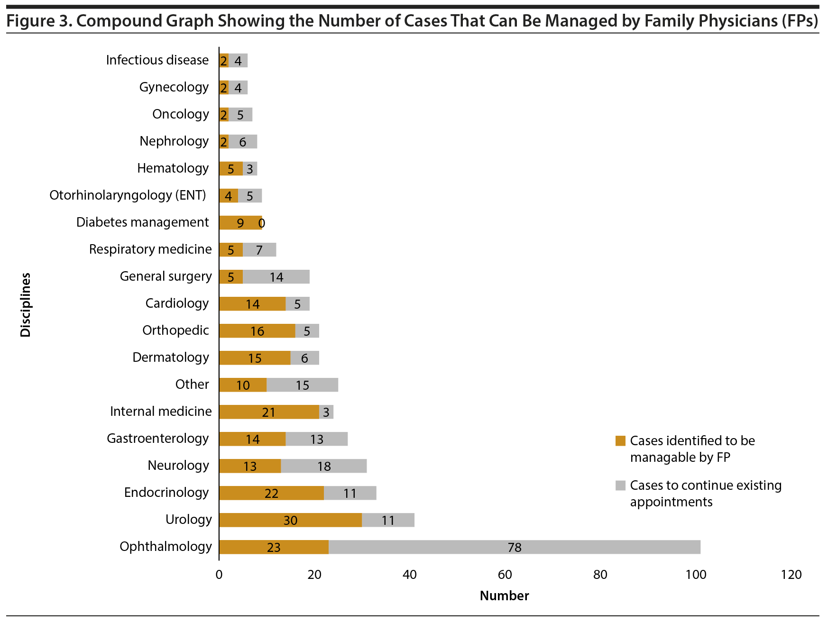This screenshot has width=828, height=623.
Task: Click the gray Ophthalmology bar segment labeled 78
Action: (514, 547)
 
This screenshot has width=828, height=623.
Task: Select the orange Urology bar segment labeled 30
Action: (290, 520)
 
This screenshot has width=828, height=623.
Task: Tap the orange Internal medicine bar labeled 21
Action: (269, 412)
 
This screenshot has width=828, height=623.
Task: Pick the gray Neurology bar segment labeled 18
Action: (324, 466)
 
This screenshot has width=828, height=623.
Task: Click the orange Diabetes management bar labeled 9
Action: (240, 223)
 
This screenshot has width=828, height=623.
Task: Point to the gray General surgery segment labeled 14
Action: (276, 277)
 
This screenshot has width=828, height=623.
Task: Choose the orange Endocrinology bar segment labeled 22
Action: (271, 493)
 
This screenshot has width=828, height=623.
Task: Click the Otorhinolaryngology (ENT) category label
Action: (128, 195)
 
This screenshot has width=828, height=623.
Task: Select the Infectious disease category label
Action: (157, 60)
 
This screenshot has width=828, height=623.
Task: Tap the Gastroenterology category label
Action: (157, 439)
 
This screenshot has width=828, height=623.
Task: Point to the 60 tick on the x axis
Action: (505, 575)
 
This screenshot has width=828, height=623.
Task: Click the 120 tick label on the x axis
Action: (791, 575)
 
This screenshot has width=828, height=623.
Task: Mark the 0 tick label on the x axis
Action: (219, 575)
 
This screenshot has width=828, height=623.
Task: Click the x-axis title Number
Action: (504, 596)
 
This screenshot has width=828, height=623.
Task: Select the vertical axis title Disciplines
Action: (26, 305)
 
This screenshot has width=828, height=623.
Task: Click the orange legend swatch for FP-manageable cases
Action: (620, 441)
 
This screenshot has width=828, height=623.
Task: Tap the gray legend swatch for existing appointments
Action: (620, 486)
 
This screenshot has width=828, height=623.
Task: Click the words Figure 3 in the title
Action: (37, 21)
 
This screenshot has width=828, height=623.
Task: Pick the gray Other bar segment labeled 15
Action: (303, 385)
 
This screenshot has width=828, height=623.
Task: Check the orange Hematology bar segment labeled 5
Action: (231, 169)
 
